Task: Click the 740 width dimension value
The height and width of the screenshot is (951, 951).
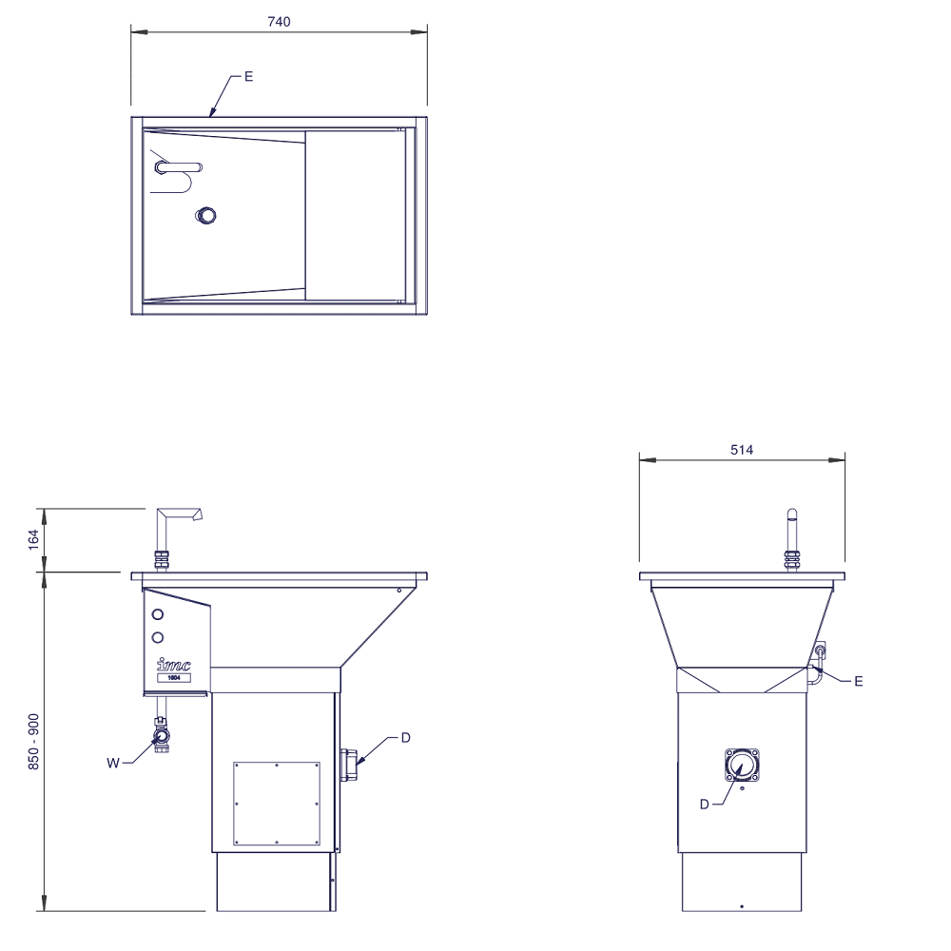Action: [x=279, y=22]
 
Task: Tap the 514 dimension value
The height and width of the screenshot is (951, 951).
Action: [x=742, y=450]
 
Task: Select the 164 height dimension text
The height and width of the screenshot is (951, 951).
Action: [x=34, y=540]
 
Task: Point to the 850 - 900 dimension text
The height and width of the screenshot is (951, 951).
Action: [x=34, y=743]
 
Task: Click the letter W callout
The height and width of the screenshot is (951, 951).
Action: [x=113, y=763]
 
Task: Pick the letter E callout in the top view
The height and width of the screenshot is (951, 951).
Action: [x=248, y=77]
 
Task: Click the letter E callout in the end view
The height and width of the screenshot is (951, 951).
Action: [x=858, y=682]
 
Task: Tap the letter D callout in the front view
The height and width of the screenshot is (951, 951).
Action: [x=406, y=738]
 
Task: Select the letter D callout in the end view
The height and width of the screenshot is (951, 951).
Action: [x=704, y=805]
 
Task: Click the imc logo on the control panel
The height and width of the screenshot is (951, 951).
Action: [x=173, y=664]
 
